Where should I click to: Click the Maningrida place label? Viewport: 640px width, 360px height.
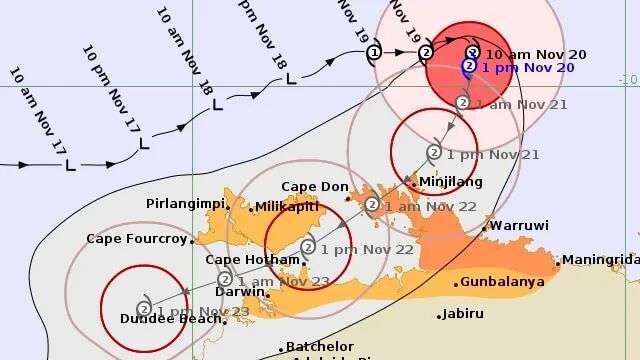click(599, 260)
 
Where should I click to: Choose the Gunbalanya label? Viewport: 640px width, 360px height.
click(503, 282)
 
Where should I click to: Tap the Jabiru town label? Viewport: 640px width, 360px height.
click(461, 314)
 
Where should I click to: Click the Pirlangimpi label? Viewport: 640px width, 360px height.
click(183, 203)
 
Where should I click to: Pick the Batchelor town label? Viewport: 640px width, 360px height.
click(319, 346)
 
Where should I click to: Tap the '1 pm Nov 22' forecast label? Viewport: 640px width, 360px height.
click(356, 248)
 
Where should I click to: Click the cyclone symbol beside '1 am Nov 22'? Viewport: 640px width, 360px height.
click(371, 205)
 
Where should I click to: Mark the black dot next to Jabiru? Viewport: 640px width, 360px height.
click(439, 316)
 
